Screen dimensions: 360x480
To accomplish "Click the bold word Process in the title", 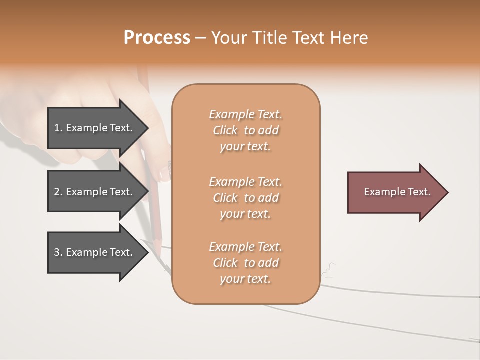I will pyautogui.click(x=157, y=38).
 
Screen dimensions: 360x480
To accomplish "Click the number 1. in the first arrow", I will pyautogui.click(x=58, y=128).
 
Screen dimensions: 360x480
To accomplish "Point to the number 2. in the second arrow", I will pyautogui.click(x=58, y=192).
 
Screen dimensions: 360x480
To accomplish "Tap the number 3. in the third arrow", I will pyautogui.click(x=58, y=252).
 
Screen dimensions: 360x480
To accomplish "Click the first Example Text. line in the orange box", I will pyautogui.click(x=245, y=114).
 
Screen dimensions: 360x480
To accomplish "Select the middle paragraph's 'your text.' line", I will pyautogui.click(x=245, y=214).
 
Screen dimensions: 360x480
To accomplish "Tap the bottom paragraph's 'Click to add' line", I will pyautogui.click(x=245, y=263).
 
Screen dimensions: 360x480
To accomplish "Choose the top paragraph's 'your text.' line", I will pyautogui.click(x=245, y=147).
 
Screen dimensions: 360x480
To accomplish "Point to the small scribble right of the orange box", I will pyautogui.click(x=329, y=270).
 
